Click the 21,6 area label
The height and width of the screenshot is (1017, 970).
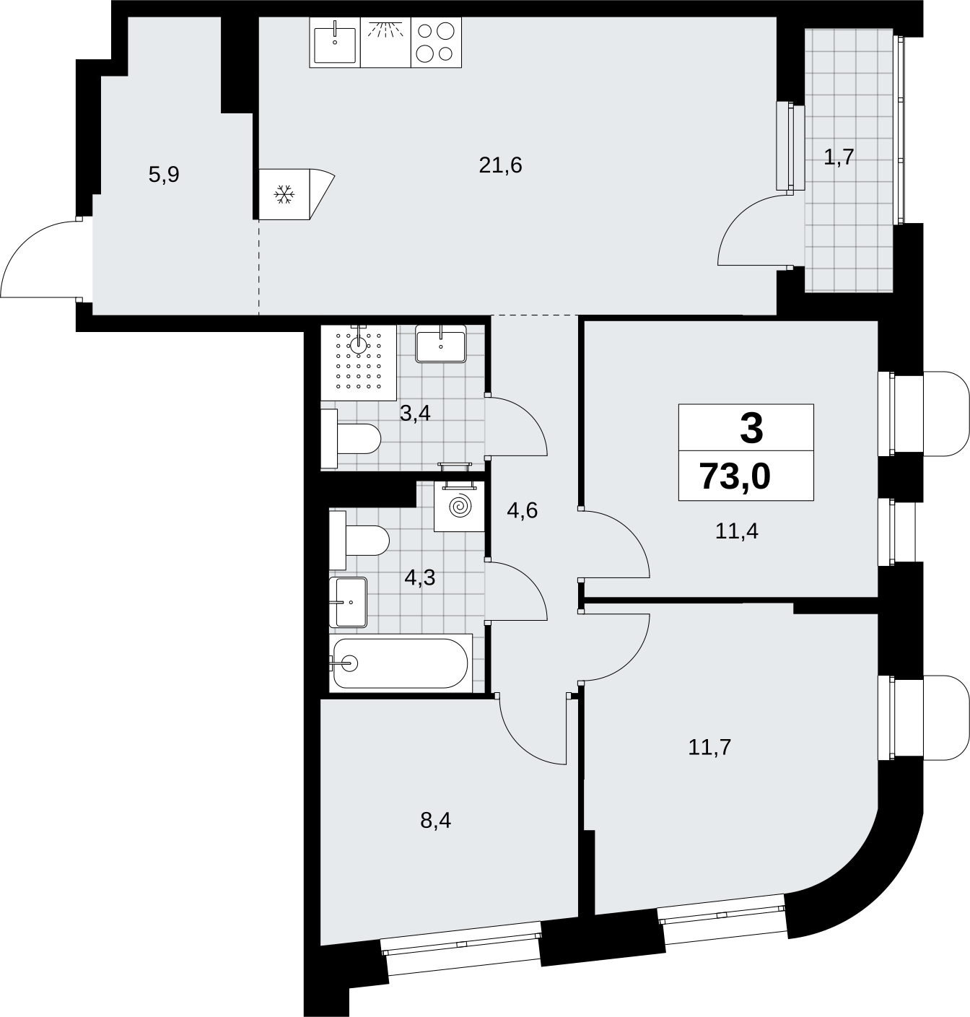tap(500, 165)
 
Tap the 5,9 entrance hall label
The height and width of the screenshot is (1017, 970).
tap(164, 175)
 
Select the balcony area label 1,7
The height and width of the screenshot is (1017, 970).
tap(839, 157)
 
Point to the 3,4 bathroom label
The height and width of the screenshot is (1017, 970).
tap(415, 414)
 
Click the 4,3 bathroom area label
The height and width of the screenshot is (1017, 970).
tap(419, 578)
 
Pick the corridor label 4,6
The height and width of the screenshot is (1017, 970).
tap(522, 510)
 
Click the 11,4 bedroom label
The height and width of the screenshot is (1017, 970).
tap(736, 531)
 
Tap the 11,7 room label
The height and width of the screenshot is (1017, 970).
tap(709, 748)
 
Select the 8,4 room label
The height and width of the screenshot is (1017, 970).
tap(436, 821)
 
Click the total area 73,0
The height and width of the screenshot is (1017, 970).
tap(735, 476)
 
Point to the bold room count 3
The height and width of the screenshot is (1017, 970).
tap(751, 429)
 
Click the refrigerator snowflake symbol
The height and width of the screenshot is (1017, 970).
tap(284, 194)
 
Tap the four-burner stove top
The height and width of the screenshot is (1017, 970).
tap(436, 43)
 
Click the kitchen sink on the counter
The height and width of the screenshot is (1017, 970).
tap(335, 43)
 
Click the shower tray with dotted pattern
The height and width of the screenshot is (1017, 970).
tap(359, 362)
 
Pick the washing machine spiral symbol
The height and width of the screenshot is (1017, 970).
tap(460, 507)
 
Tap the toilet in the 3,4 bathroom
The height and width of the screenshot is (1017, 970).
tap(351, 439)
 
